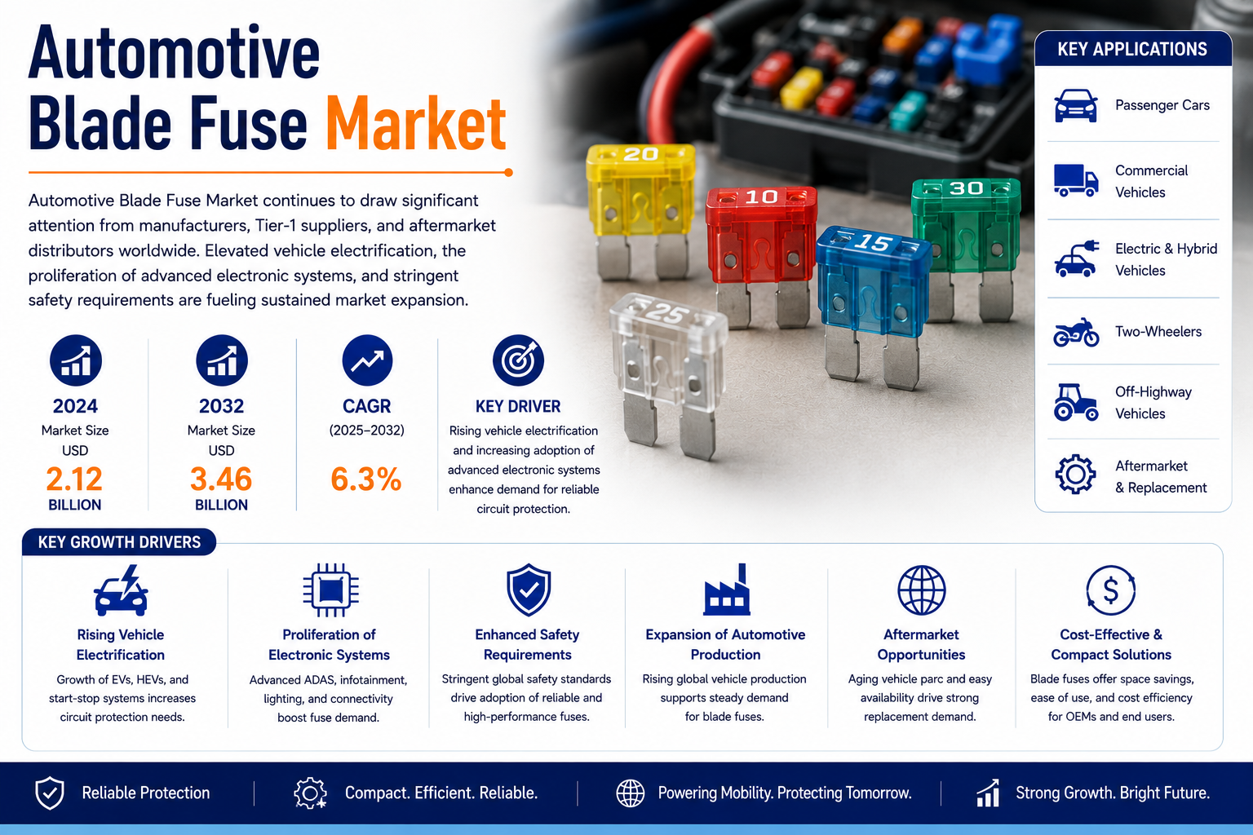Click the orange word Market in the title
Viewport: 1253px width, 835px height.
(416, 124)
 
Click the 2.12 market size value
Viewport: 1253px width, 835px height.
(74, 479)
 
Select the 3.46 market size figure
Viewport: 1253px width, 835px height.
(221, 479)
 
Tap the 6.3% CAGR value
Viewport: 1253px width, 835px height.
(366, 479)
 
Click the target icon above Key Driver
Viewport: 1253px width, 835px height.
(518, 360)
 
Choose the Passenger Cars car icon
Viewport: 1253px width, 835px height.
(1076, 105)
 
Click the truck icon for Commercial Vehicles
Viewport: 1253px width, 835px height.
(1076, 180)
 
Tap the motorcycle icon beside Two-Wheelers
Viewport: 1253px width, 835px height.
(1076, 332)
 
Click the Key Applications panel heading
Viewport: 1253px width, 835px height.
(1133, 49)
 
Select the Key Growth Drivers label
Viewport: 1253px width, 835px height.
(119, 542)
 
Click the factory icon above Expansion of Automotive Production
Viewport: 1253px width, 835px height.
(727, 590)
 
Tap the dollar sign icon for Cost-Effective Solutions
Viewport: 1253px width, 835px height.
(1111, 590)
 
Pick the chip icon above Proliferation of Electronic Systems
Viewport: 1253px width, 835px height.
(330, 590)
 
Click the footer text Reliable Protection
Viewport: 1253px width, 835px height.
(146, 793)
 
